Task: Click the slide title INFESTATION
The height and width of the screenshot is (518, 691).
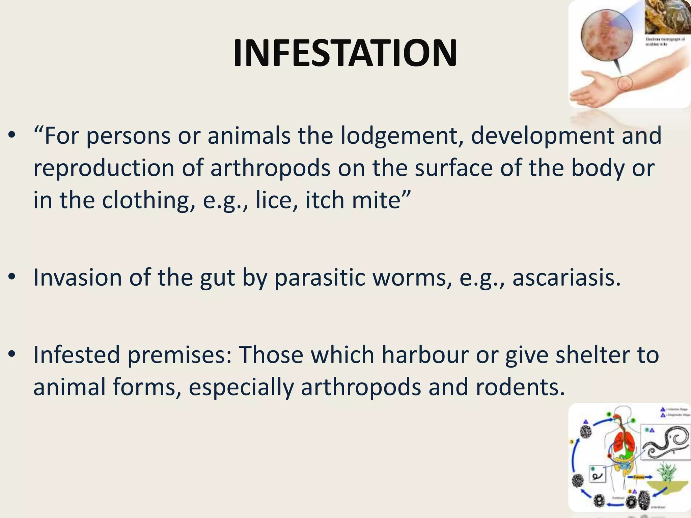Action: coord(345,53)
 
